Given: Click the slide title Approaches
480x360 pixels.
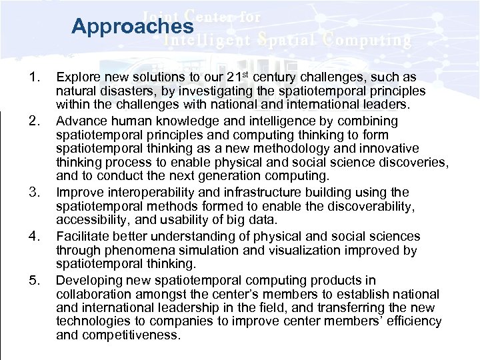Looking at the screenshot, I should [x=132, y=27].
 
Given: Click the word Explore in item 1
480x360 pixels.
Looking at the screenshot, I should [x=77, y=77].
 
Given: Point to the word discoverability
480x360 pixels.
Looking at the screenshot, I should [x=369, y=207].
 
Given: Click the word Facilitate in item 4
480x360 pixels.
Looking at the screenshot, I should [x=81, y=237].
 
